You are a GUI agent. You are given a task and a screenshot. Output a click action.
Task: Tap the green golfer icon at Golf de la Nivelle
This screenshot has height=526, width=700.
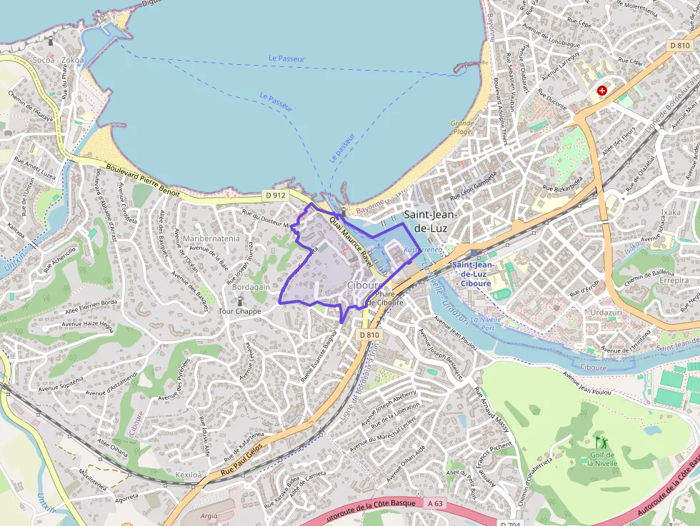click(599, 442)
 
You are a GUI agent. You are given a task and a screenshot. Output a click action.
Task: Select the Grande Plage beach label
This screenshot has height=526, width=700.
click(462, 127)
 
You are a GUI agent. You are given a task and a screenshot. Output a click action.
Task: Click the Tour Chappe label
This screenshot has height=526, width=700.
click(239, 311)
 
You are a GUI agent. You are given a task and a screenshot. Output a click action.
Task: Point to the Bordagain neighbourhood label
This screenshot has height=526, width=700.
click(250, 286)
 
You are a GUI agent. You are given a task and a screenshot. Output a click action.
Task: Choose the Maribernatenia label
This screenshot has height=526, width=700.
click(211, 238)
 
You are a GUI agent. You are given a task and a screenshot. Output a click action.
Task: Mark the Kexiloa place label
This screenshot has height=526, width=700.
click(189, 474)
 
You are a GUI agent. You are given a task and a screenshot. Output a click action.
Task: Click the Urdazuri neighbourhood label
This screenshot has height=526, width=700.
click(604, 313)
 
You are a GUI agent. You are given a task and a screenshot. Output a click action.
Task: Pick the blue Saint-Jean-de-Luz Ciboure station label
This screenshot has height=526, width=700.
click(471, 274)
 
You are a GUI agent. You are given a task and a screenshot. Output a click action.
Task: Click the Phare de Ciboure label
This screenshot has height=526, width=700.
click(384, 298)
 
